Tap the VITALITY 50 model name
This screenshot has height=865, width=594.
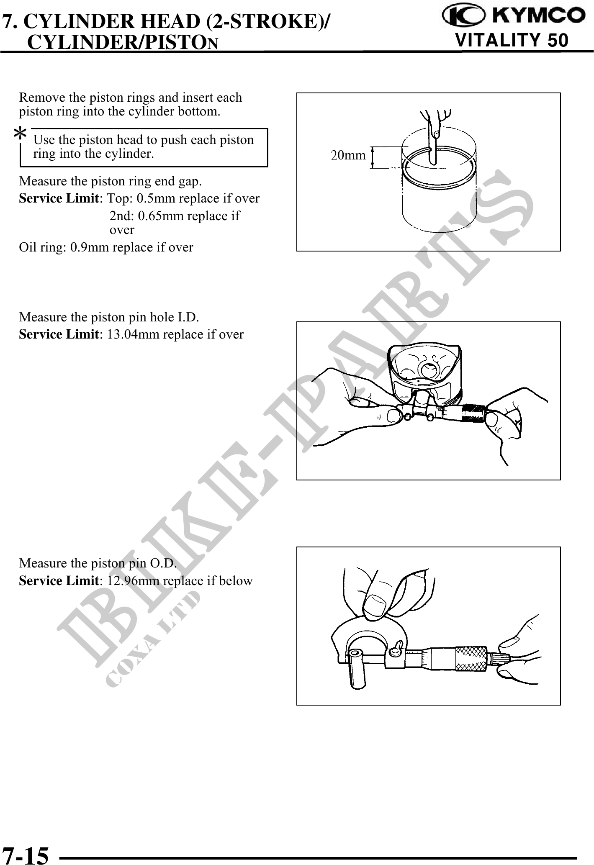coord(512,41)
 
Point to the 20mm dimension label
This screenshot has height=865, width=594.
coord(348,156)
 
